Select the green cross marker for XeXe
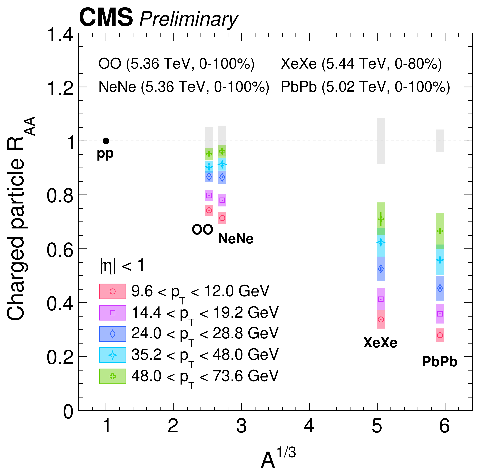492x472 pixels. [381, 218]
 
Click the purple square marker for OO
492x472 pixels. [209, 195]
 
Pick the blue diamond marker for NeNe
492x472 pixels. [222, 178]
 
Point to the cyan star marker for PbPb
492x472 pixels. [440, 260]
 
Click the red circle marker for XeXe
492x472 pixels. [381, 319]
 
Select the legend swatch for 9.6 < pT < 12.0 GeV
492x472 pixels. [112, 291]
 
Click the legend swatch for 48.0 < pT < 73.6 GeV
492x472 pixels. [112, 376]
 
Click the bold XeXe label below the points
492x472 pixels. [380, 342]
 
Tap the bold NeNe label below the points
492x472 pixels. [236, 239]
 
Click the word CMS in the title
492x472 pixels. [106, 18]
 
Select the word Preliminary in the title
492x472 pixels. [188, 19]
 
